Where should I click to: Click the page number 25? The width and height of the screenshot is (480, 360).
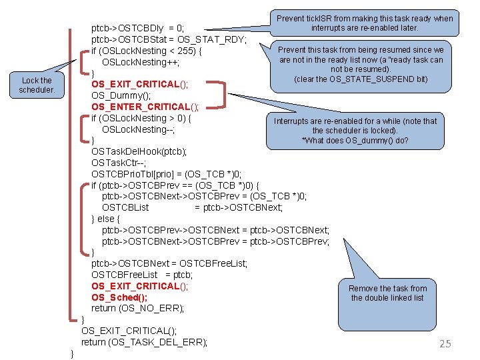tap(445, 343)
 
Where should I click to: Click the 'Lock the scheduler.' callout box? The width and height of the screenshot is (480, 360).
tap(37, 85)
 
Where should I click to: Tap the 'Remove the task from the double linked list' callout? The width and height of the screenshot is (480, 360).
tap(387, 293)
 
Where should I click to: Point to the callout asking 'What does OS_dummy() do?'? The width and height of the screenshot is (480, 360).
tap(355, 131)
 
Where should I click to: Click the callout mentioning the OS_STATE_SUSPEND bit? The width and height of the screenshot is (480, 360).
tap(361, 65)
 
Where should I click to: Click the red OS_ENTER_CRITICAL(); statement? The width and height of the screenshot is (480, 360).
tap(145, 107)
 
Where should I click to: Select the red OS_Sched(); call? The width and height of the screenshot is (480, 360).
tap(119, 297)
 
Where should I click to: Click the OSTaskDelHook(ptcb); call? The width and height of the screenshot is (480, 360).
tap(139, 152)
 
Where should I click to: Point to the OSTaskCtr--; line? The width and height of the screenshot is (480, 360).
tap(119, 163)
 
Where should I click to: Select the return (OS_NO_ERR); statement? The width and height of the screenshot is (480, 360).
tap(137, 309)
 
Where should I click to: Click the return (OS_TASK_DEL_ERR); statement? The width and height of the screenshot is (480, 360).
tap(144, 342)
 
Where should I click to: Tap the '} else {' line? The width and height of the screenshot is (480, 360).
tap(107, 219)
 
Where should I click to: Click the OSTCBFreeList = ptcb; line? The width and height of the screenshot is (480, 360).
tap(142, 275)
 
